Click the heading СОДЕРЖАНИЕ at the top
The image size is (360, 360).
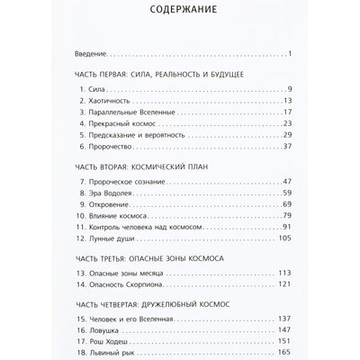(180, 14)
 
